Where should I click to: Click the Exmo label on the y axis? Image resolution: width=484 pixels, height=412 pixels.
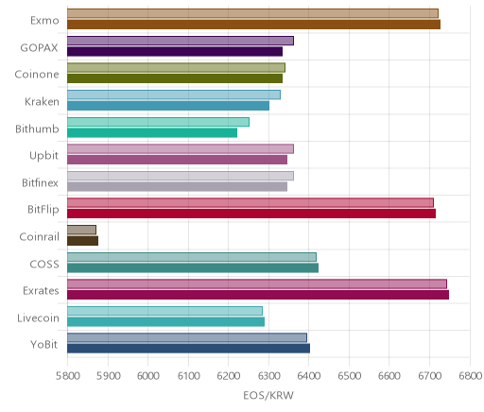tap(44, 21)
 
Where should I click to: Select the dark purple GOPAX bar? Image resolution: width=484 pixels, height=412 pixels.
tap(175, 51)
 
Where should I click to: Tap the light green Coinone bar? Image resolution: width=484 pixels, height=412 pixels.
tap(176, 67)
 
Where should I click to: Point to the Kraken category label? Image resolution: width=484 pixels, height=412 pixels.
tap(42, 102)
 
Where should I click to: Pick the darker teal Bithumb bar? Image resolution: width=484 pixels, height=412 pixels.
tap(152, 132)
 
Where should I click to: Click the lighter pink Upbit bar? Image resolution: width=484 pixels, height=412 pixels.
tap(181, 148)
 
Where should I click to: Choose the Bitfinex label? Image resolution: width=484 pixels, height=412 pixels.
tap(40, 182)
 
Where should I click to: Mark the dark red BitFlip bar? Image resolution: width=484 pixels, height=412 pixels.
tap(251, 214)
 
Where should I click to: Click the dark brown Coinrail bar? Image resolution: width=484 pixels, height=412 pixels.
tap(82, 241)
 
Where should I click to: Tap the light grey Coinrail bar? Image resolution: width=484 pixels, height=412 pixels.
tap(81, 230)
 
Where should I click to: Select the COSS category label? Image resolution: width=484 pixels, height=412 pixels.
tap(44, 264)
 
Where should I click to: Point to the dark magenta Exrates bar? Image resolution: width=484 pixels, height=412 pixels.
tap(258, 295)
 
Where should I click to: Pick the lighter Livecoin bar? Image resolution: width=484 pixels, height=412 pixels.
tap(164, 311)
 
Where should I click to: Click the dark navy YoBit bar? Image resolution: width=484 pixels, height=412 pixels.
tap(188, 349)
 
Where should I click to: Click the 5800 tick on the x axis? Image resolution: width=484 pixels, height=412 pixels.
tap(67, 376)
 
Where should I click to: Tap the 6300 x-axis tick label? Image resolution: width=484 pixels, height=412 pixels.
tap(268, 376)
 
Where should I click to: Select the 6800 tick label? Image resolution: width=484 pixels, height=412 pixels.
tap(470, 376)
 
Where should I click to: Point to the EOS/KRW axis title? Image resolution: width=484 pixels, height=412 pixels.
tap(268, 395)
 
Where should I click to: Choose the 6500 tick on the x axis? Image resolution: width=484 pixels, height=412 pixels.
tap(349, 376)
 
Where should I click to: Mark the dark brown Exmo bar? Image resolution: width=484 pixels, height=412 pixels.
tap(253, 25)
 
